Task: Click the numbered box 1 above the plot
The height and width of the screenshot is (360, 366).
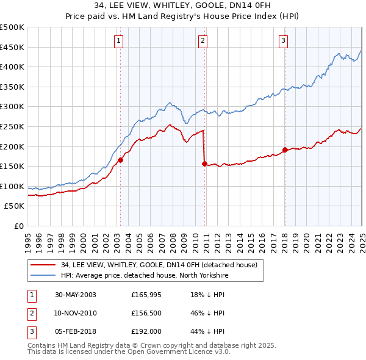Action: pos(118,41)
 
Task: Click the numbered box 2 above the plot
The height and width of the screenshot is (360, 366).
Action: pos(202,41)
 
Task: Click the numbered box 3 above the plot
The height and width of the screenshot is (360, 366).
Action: pos(284,41)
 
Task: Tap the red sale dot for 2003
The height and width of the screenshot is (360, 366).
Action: pos(121,160)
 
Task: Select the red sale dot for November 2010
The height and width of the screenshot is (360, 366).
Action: pos(204,164)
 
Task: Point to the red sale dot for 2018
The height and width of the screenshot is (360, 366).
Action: pos(285,149)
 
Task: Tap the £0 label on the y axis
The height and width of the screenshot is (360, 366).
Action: pos(18,226)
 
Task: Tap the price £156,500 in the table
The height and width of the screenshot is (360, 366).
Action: pos(146,313)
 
